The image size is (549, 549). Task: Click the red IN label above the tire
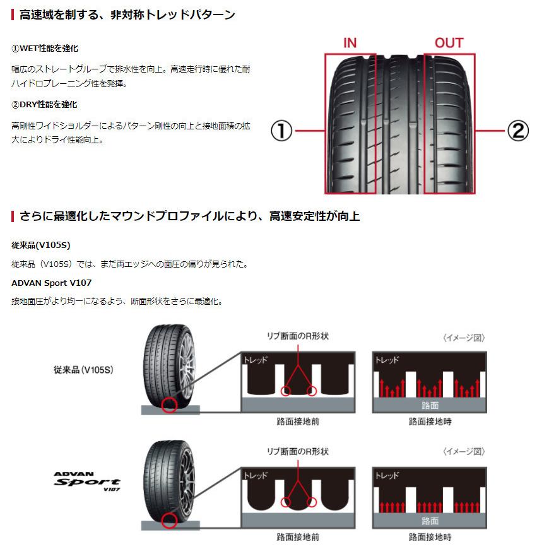(x=350, y=43)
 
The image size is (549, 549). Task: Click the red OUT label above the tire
(x=449, y=43)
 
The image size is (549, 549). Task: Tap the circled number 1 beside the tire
(x=281, y=131)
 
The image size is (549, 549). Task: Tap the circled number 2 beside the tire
(x=518, y=131)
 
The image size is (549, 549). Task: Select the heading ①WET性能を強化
(x=45, y=49)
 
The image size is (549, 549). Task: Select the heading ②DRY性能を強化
(x=44, y=105)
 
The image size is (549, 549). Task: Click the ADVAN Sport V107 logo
(x=87, y=481)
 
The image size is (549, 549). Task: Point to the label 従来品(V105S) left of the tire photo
(x=83, y=370)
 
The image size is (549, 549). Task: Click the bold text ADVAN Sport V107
(x=52, y=283)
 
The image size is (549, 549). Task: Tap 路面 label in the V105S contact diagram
(x=430, y=405)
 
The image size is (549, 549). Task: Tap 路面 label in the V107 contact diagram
(x=430, y=521)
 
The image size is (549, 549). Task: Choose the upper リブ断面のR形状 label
(x=298, y=336)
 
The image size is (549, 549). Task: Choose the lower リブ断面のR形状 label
(x=298, y=451)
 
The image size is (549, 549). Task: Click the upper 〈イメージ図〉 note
(x=464, y=338)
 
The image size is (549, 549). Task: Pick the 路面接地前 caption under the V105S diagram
(x=298, y=421)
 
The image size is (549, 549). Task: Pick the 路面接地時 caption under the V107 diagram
(x=430, y=537)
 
